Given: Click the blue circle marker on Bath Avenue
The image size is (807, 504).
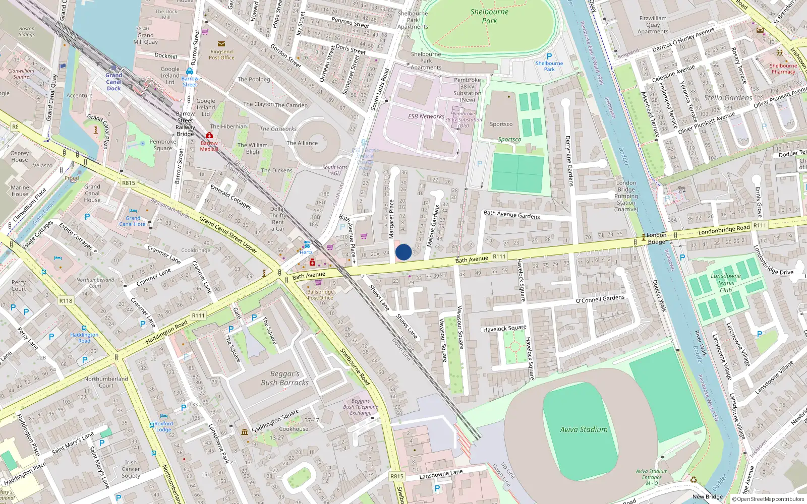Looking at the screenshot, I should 403,252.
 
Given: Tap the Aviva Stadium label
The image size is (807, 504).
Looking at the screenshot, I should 584,430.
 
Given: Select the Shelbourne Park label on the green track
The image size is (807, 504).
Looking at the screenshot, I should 489,16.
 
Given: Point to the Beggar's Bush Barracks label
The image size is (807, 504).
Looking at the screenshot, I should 285,379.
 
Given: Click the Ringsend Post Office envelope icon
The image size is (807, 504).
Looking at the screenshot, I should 221,44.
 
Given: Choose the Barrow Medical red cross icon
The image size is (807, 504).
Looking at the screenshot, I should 209,136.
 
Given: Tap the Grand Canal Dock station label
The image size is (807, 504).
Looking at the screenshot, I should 114,82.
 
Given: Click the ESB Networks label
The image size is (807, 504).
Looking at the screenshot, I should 426,116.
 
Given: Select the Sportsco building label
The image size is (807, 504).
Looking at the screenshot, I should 501,124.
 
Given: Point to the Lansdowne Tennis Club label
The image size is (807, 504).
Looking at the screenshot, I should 726,283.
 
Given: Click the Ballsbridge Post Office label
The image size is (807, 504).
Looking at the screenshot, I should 320,295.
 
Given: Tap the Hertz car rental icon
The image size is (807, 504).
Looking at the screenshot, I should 307,244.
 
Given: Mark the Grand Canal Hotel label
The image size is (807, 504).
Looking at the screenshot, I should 133,221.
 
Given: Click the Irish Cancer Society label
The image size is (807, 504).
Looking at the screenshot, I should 131,469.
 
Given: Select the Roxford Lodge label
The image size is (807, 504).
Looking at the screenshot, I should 163,427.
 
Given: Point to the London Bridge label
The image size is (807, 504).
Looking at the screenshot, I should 656,238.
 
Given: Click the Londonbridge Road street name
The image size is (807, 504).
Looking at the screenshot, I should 724,230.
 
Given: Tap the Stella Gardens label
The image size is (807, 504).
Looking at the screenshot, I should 728,98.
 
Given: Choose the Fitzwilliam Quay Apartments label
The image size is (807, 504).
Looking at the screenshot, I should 653,25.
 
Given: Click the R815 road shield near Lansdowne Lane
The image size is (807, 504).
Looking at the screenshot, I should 397,476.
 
